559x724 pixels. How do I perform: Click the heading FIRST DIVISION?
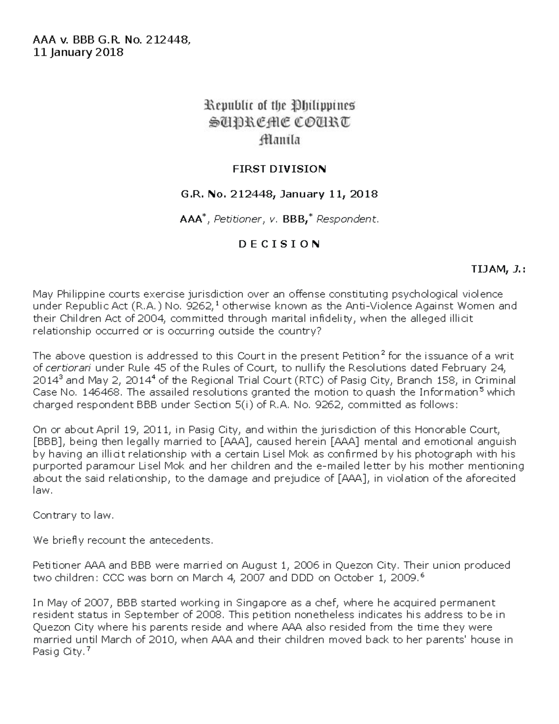(279, 169)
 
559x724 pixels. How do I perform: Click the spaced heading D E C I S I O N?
(279, 244)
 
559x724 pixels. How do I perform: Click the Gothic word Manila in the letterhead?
(279, 139)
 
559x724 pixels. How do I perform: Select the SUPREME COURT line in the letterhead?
(279, 123)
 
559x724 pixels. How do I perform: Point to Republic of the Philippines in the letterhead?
(279, 105)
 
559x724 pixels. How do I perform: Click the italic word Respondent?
(348, 219)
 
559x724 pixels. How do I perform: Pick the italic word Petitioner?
(237, 219)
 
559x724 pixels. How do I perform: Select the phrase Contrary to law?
(73, 515)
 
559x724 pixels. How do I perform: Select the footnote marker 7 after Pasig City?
(89, 649)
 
